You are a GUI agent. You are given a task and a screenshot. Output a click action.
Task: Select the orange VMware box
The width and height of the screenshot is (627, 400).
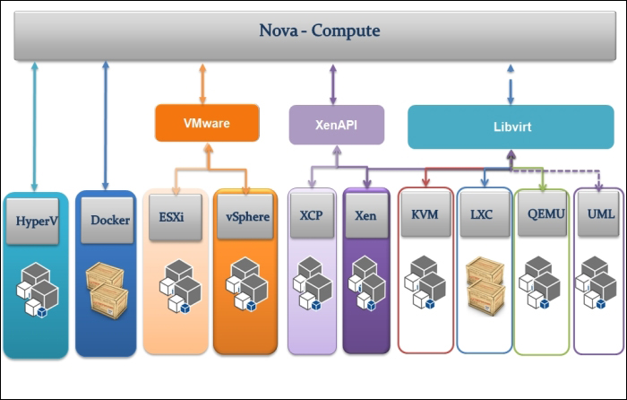207,123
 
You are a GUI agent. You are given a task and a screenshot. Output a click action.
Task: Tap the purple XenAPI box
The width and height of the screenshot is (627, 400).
336,124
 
